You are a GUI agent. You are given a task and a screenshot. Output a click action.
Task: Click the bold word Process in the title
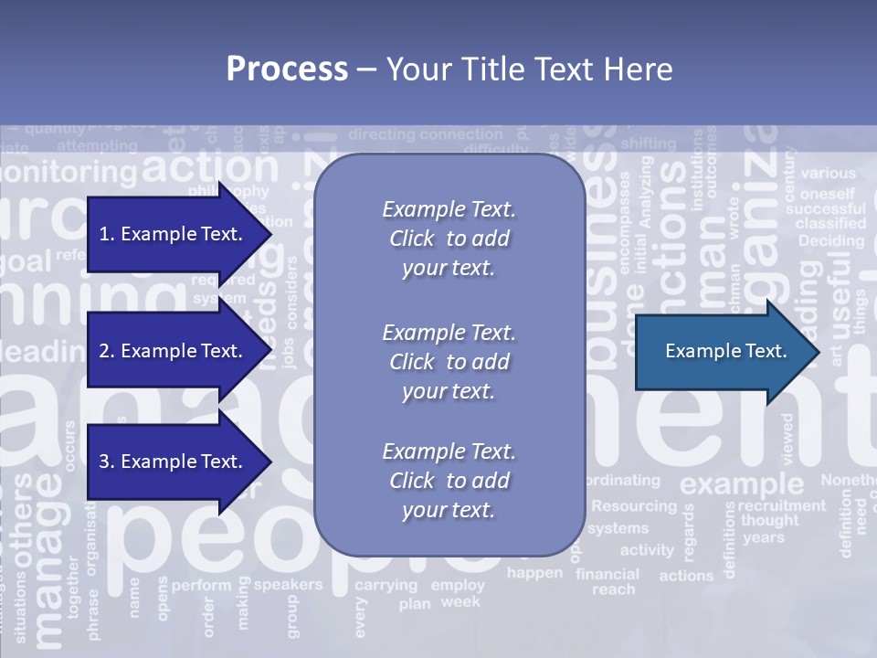[287, 69]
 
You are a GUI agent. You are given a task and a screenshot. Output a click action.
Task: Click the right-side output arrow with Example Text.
[725, 351]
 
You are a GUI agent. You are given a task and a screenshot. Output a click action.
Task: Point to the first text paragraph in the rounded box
[449, 239]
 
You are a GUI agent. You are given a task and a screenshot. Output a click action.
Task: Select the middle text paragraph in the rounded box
[449, 362]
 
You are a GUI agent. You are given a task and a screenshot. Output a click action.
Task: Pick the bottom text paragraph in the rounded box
[449, 481]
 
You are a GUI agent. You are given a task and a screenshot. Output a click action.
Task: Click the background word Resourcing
[634, 505]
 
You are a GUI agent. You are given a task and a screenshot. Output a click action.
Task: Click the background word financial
[608, 575]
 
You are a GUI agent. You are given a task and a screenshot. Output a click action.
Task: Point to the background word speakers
[288, 585]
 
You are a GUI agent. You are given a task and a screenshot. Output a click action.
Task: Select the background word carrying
[386, 585]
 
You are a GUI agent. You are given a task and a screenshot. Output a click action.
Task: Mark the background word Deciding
[830, 241]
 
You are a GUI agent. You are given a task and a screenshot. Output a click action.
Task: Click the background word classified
[830, 223]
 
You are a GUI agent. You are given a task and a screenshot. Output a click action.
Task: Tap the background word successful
[825, 208]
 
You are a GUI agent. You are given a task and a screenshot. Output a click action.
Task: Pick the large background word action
[211, 167]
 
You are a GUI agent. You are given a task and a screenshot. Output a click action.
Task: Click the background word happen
[535, 573]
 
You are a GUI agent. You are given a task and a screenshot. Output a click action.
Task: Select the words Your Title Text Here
[529, 69]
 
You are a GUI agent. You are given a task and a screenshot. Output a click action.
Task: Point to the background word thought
[769, 521]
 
